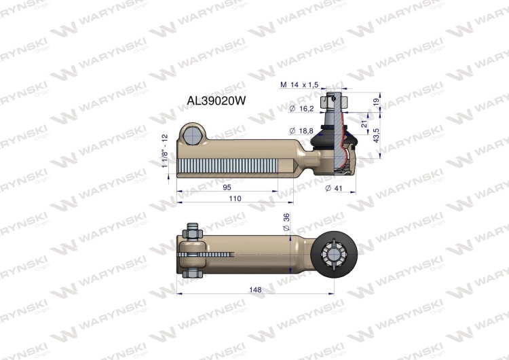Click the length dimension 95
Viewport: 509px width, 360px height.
click(227, 187)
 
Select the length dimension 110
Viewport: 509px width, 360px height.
click(234, 199)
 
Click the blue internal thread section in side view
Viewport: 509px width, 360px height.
click(231, 166)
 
